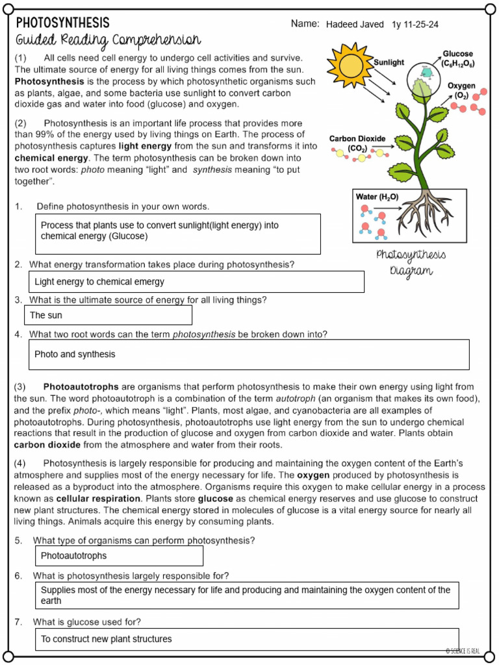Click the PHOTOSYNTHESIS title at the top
[x=63, y=23]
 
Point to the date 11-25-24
[x=421, y=24]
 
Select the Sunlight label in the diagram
[x=389, y=62]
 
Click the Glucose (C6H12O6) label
[x=457, y=59]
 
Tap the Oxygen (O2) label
[x=461, y=90]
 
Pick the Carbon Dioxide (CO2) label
[x=357, y=144]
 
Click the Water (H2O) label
[x=377, y=197]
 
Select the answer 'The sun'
[x=47, y=315]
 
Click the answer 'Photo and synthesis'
[x=75, y=354]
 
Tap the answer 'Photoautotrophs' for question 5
[x=73, y=555]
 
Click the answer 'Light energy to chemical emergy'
[x=99, y=282]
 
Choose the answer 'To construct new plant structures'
[x=107, y=639]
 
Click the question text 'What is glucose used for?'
[x=87, y=621]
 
